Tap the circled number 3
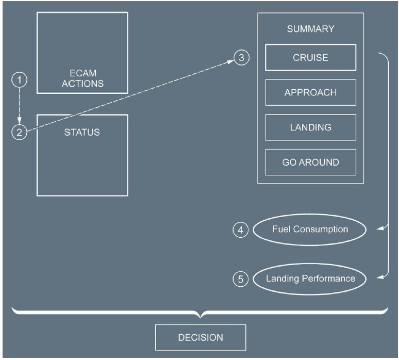(241, 57)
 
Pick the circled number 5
(241, 280)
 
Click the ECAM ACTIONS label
(82, 78)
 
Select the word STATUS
(82, 133)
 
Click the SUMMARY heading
(310, 29)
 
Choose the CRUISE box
(310, 57)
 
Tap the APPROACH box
(310, 93)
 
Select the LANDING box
(310, 127)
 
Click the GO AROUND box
(310, 162)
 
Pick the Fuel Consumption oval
(310, 230)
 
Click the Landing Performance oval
(310, 279)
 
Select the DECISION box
(201, 338)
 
